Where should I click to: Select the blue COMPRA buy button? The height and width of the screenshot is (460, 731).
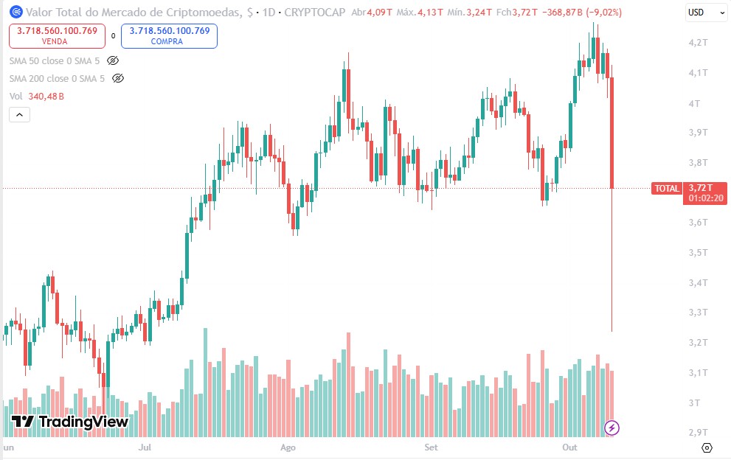pyautogui.click(x=170, y=35)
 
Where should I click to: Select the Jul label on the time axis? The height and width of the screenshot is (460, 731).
pyautogui.click(x=145, y=447)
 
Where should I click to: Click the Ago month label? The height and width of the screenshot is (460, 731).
pyautogui.click(x=288, y=447)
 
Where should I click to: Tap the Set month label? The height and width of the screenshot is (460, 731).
pyautogui.click(x=432, y=447)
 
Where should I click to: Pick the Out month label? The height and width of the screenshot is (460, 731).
pyautogui.click(x=569, y=447)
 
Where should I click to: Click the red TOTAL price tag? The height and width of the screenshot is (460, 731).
pyautogui.click(x=666, y=189)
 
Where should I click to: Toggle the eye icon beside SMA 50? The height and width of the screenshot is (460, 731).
pyautogui.click(x=113, y=60)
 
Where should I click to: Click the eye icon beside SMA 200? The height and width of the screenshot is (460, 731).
pyautogui.click(x=118, y=78)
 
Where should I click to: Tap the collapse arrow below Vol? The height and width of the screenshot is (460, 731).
pyautogui.click(x=19, y=114)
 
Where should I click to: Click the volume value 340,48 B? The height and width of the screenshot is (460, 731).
pyautogui.click(x=46, y=97)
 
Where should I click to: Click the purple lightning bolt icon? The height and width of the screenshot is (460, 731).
pyautogui.click(x=612, y=428)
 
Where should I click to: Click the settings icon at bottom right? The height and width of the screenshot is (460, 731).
pyautogui.click(x=707, y=447)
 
